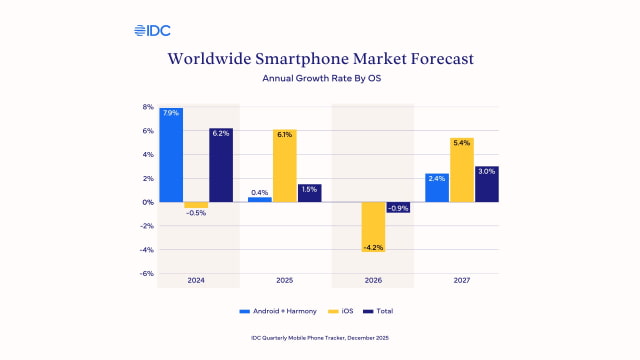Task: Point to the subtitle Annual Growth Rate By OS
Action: [319, 77]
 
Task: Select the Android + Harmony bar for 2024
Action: [170, 155]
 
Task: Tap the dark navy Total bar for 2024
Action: [221, 165]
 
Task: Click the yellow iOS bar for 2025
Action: [284, 166]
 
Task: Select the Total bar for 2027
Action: [487, 184]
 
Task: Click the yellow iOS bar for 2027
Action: [462, 170]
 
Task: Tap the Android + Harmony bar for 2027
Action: [436, 188]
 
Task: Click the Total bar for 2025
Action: [309, 193]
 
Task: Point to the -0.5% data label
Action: [196, 213]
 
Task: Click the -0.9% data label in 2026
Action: [399, 208]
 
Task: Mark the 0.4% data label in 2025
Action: [259, 192]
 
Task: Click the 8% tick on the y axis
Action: [147, 107]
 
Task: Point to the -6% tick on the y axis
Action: [146, 273]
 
